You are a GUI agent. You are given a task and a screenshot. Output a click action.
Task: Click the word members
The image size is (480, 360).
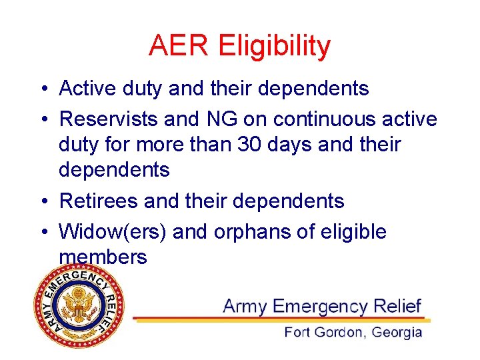coord(103,257)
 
